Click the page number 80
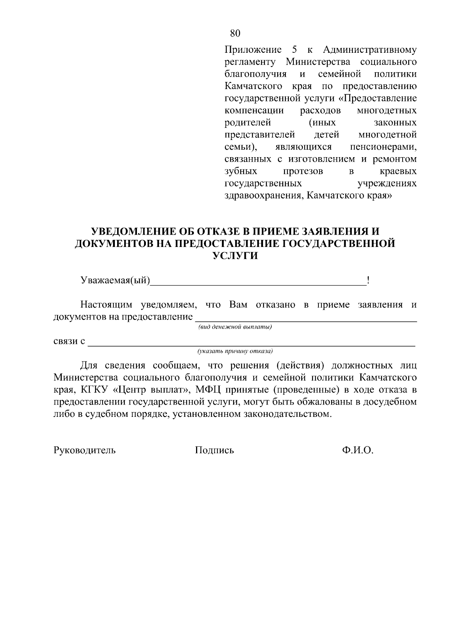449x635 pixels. point(235,33)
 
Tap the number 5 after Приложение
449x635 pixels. point(294,49)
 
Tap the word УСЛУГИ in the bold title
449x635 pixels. point(235,256)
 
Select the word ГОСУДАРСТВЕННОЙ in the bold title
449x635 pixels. point(338,244)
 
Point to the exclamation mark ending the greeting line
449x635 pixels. point(369,281)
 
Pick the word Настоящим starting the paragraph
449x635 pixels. point(107,305)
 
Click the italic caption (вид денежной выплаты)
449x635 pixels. point(235,327)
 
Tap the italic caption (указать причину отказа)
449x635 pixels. point(235,351)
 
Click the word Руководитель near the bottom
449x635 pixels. point(85,450)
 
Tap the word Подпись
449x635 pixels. point(214,450)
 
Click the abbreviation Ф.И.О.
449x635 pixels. point(357,450)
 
